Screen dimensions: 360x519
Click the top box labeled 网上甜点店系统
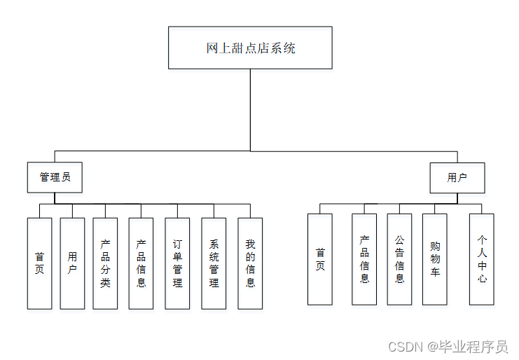click(x=250, y=48)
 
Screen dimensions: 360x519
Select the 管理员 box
click(x=55, y=177)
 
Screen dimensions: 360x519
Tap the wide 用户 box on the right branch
click(x=457, y=177)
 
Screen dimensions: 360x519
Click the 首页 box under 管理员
click(x=39, y=263)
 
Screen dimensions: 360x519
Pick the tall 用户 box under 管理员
click(x=72, y=263)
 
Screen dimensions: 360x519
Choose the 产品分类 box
click(x=105, y=263)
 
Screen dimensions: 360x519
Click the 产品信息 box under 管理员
click(x=141, y=263)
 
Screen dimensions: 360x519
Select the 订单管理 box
click(x=177, y=263)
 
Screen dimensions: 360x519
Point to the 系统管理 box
click(x=214, y=263)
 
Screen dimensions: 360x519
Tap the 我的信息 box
click(x=250, y=263)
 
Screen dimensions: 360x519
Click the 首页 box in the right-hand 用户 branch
click(x=320, y=259)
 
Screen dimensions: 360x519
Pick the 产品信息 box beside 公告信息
click(x=364, y=259)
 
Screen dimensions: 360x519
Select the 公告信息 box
click(x=399, y=259)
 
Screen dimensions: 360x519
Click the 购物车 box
click(x=435, y=259)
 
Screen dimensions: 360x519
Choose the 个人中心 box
click(x=482, y=259)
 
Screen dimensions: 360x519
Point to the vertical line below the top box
click(x=250, y=109)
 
